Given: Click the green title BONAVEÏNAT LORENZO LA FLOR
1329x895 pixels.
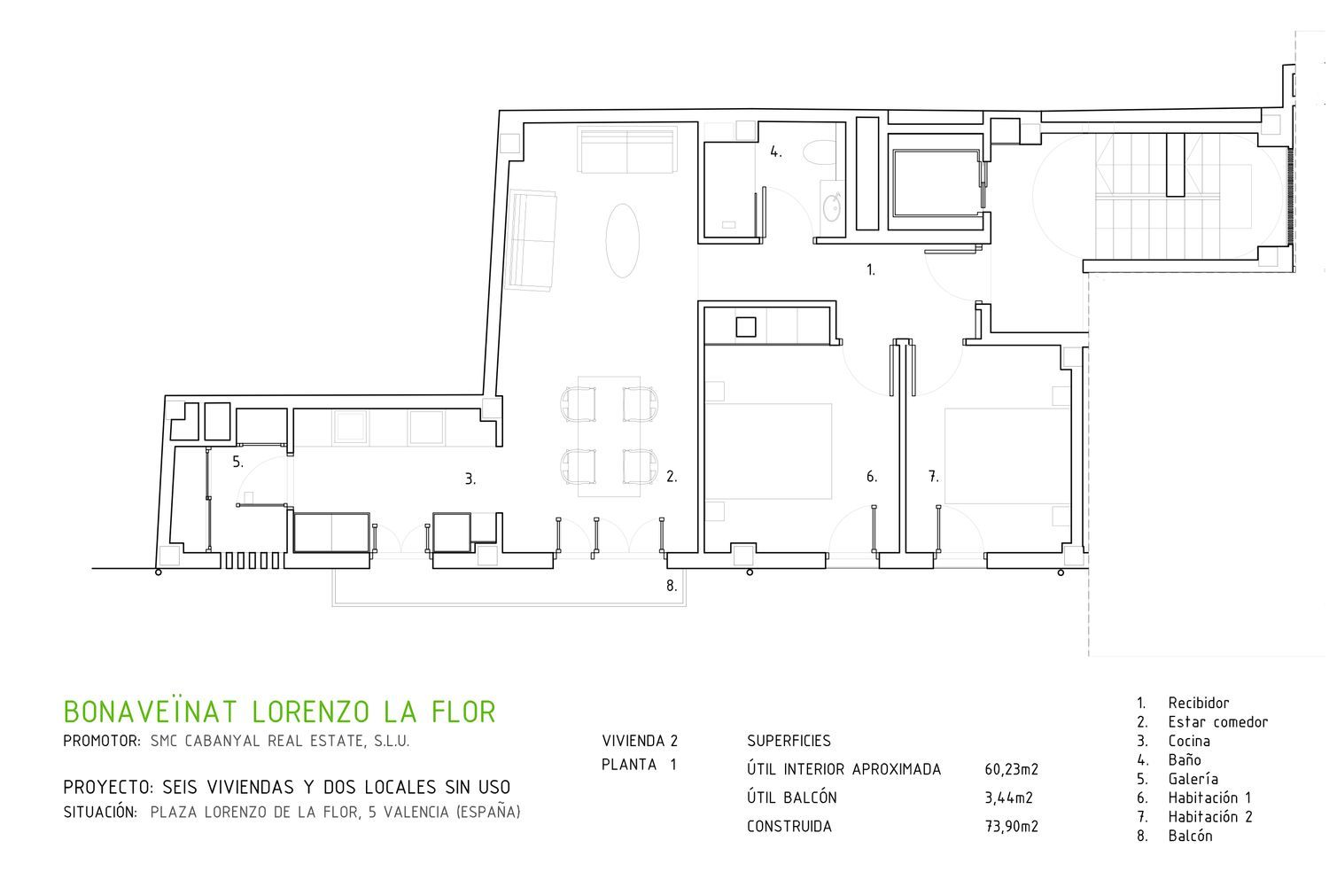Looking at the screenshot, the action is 279,712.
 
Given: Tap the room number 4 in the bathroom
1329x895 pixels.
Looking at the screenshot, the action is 776,152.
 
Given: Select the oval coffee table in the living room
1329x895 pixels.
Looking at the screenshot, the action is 622,240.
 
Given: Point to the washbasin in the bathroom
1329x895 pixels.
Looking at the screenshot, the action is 832,207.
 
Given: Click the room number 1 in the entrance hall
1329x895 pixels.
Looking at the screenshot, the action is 870,270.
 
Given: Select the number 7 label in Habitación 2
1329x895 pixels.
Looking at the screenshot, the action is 933,477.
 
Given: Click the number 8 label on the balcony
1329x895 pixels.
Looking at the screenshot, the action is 672,586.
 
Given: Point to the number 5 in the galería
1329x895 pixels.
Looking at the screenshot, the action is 237,463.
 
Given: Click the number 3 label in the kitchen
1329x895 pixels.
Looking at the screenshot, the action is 470,479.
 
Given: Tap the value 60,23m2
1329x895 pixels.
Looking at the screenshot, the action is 1012,770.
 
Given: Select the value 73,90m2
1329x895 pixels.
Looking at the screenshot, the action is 1012,827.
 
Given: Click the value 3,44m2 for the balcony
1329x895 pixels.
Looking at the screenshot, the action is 1008,798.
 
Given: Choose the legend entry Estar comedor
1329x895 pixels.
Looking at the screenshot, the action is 1217,722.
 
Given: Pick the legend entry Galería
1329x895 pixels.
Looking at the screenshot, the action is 1193,779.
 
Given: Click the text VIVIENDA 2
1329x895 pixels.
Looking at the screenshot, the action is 640,742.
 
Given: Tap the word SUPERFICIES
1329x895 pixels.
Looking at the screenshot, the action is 789,742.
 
